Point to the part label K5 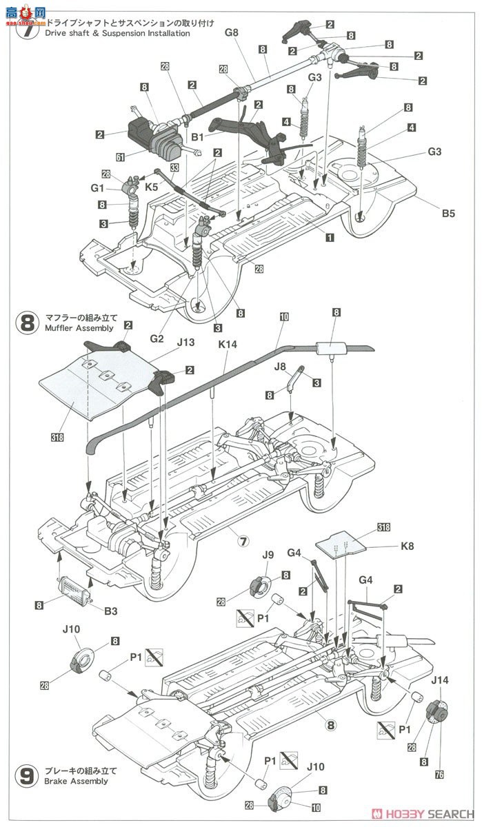(x=152, y=187)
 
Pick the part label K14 (x=228, y=343)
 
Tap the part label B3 (x=110, y=610)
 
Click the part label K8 (x=405, y=549)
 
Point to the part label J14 (x=439, y=680)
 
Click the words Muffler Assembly (x=74, y=329)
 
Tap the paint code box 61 (x=120, y=158)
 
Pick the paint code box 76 (x=439, y=774)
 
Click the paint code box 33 (x=174, y=167)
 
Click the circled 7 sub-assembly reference (x=243, y=541)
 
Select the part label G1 (x=96, y=187)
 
